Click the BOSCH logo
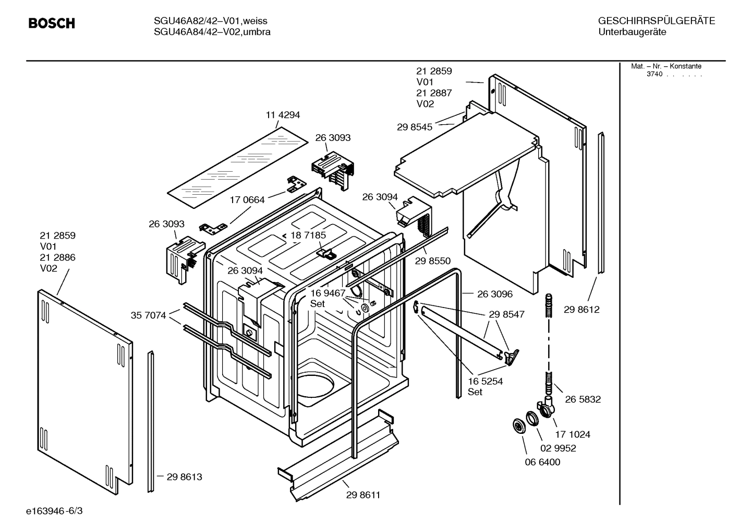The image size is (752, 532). click(52, 23)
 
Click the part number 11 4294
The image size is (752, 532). click(283, 115)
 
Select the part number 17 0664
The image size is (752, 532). click(247, 199)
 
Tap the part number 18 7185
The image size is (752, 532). click(308, 235)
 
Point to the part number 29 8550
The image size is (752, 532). click(433, 261)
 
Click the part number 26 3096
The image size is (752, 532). click(495, 294)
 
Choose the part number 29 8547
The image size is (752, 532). click(507, 314)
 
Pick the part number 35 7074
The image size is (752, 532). click(148, 315)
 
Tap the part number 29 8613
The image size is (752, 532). click(184, 477)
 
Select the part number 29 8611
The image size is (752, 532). click(363, 495)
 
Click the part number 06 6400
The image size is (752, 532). click(542, 462)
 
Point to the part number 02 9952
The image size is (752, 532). click(558, 448)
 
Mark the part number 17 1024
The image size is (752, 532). click(573, 434)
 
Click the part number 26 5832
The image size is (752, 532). click(583, 399)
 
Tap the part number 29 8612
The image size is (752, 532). click(581, 310)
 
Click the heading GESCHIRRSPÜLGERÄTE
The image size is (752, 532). click(656, 21)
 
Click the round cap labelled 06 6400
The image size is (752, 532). click(519, 425)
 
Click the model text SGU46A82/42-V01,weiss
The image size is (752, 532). click(211, 21)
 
